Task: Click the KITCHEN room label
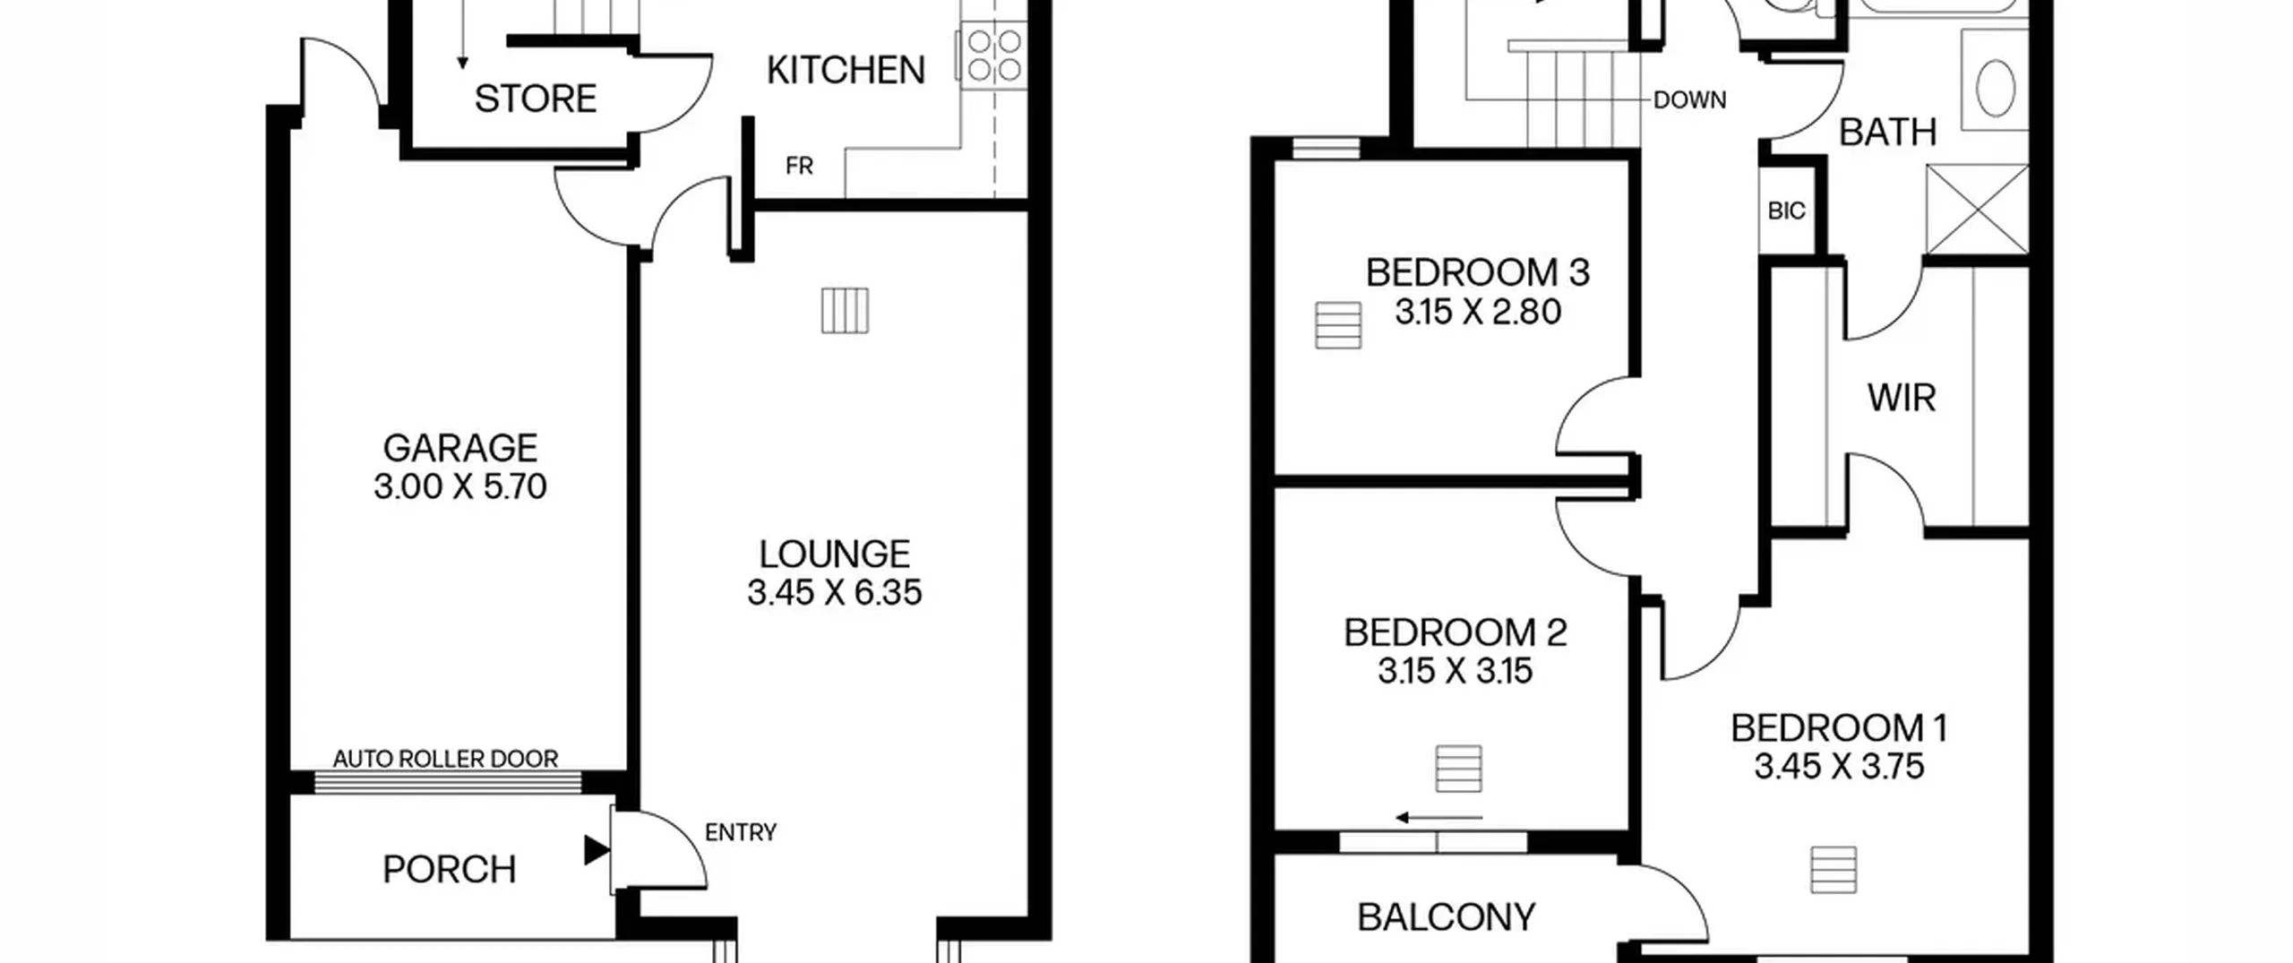point(846,70)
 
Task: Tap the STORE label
point(536,99)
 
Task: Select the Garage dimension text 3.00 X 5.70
point(460,486)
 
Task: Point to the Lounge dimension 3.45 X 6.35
point(835,592)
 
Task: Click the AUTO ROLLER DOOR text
point(445,759)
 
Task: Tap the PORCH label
point(450,870)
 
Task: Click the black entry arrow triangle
point(597,850)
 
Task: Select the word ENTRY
point(741,833)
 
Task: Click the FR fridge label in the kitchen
point(799,166)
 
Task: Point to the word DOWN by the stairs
point(1689,100)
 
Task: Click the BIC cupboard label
point(1786,211)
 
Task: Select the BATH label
point(1887,133)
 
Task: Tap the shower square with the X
point(1977,210)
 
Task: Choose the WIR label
point(1902,398)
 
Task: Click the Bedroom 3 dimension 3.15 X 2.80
point(1478,312)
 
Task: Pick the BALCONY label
point(1447,917)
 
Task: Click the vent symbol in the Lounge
point(845,310)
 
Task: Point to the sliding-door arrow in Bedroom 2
point(1439,818)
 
